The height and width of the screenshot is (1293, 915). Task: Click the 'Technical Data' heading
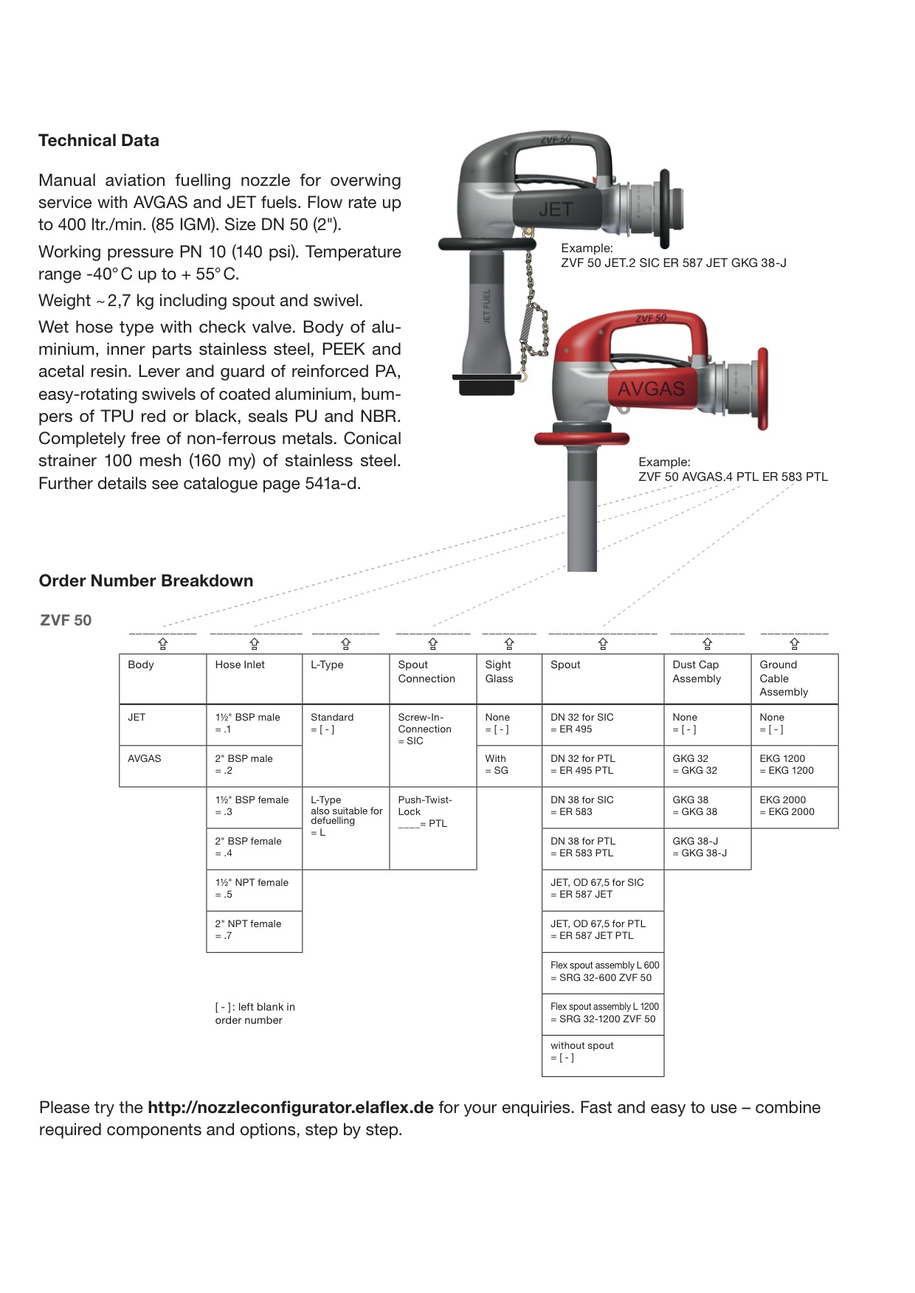tap(99, 141)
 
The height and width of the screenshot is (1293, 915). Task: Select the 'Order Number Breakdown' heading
tap(146, 581)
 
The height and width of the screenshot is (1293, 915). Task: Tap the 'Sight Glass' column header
tap(499, 672)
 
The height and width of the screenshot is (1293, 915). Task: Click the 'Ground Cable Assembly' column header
tap(784, 679)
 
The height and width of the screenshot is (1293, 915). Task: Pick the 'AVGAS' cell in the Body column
tap(145, 759)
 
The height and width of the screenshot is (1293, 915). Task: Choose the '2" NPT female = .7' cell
tap(249, 930)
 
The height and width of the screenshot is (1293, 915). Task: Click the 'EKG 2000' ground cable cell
tap(787, 806)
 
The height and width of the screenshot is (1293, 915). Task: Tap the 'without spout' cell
tap(582, 1052)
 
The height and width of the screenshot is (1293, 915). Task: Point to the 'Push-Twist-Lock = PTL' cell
tap(425, 812)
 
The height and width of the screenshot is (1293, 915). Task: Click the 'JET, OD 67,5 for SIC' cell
tap(597, 889)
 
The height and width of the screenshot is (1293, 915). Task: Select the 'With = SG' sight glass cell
tap(496, 765)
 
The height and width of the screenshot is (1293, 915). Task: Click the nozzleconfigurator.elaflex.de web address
tap(290, 1108)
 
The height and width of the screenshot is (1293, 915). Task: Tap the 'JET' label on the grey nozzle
tap(555, 209)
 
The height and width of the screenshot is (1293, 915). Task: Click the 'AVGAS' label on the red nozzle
tap(651, 389)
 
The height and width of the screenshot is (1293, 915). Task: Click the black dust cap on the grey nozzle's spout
tap(487, 384)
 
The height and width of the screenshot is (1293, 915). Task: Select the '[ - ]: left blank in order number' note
tap(255, 1014)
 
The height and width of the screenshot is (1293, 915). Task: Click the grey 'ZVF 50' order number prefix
tap(66, 621)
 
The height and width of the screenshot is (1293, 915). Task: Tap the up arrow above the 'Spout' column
tap(603, 644)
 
